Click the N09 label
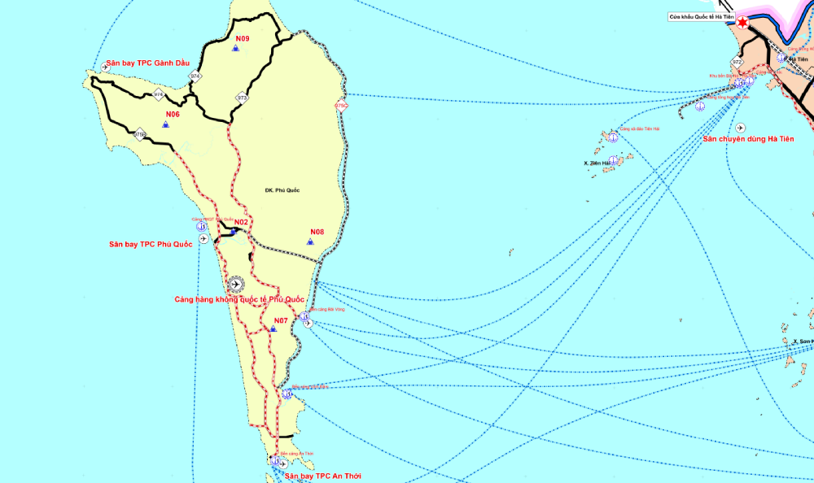point(243,38)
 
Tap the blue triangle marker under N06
point(165,124)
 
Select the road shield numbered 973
point(242,98)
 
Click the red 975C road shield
point(340,106)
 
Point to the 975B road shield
point(140,134)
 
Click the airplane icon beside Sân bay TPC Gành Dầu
point(105,67)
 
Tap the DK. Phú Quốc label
point(282,190)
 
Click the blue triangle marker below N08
point(310,241)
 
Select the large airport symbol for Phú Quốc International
point(236,284)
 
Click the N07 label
point(281,320)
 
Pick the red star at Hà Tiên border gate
point(742,23)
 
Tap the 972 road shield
point(737,62)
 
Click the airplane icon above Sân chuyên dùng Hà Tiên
point(739,128)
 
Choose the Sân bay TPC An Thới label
point(322,476)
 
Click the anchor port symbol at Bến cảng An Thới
point(275,461)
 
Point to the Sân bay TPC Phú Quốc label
point(151,244)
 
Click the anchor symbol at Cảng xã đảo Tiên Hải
point(612,137)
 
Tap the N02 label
point(241,222)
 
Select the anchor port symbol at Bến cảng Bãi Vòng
point(304,316)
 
